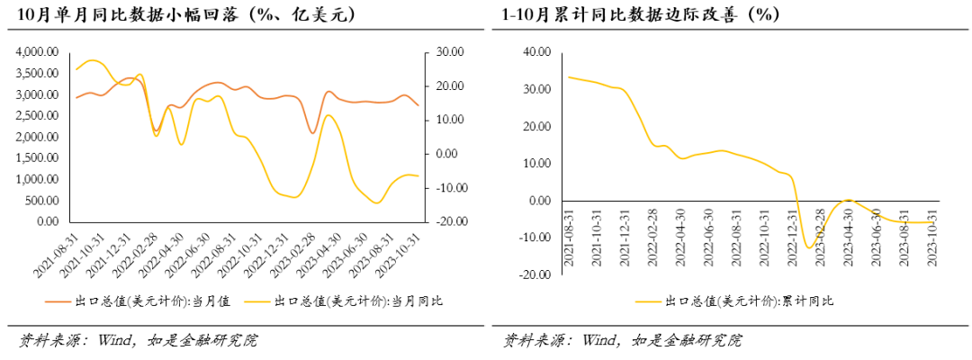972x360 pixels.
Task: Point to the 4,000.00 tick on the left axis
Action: tap(37, 52)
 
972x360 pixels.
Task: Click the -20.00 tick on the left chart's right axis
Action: tap(448, 221)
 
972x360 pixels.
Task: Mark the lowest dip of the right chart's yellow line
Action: tap(809, 247)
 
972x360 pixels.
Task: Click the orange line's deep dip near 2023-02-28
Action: tap(313, 133)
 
